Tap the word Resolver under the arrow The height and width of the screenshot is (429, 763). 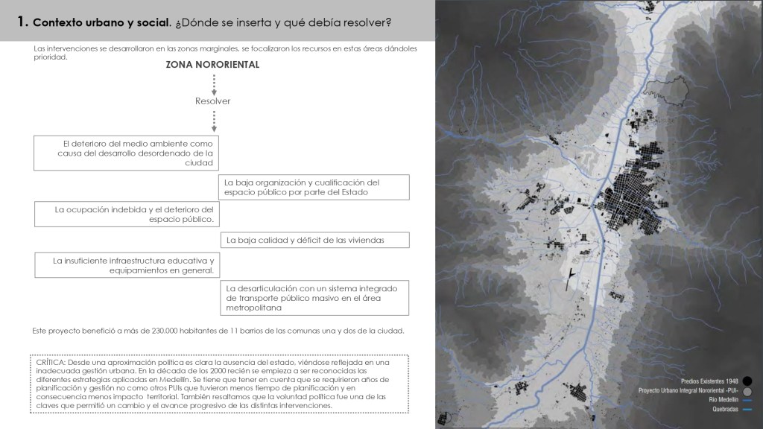[213, 101]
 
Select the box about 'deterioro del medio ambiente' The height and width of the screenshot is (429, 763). [130, 153]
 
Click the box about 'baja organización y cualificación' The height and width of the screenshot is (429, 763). [314, 187]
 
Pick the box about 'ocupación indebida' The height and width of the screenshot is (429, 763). [130, 214]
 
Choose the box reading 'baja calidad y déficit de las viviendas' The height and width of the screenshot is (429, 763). [314, 240]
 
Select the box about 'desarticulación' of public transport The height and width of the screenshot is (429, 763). [314, 298]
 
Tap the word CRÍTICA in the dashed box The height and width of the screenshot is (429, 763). [50, 361]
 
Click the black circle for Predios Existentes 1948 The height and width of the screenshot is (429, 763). [747, 380]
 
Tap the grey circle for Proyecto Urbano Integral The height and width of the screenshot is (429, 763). [747, 390]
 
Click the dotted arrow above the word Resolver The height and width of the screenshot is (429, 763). [214, 83]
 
